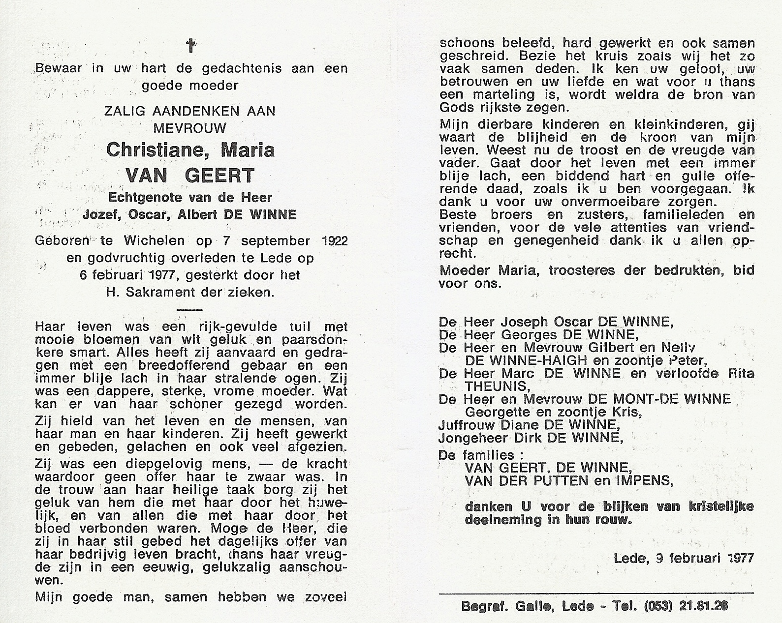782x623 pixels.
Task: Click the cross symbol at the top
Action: [190, 46]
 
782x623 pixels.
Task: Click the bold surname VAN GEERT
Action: [190, 175]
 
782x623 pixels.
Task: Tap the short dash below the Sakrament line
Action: [189, 309]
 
